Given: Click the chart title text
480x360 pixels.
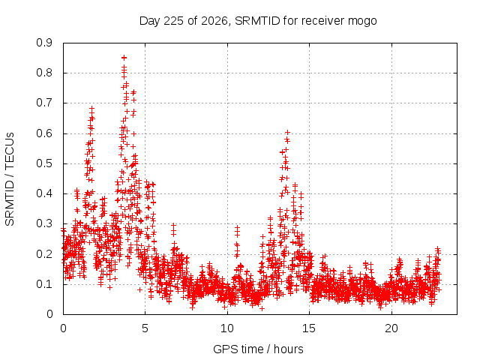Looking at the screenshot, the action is pyautogui.click(x=258, y=21).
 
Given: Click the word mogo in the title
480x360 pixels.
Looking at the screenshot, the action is pyautogui.click(x=362, y=22).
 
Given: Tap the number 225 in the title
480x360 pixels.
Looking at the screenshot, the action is pyautogui.click(x=173, y=21).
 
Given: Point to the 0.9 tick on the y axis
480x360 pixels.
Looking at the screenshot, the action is pyautogui.click(x=44, y=43).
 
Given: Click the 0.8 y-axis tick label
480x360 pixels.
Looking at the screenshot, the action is pyautogui.click(x=44, y=73).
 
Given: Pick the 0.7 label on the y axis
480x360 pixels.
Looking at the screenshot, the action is pyautogui.click(x=44, y=103).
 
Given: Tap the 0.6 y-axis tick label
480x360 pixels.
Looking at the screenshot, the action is pyautogui.click(x=44, y=133).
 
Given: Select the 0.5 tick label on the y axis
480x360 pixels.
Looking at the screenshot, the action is pyautogui.click(x=44, y=163).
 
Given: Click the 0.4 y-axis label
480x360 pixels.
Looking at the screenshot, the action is pyautogui.click(x=44, y=193).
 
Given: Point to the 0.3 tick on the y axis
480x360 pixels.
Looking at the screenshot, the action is pyautogui.click(x=44, y=223).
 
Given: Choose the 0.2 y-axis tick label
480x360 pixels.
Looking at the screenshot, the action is pyautogui.click(x=44, y=254).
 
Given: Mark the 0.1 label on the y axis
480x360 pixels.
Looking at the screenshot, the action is pyautogui.click(x=44, y=284).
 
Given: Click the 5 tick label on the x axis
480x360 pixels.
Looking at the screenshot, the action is pyautogui.click(x=145, y=328).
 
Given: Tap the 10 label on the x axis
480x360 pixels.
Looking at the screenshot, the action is pyautogui.click(x=226, y=328).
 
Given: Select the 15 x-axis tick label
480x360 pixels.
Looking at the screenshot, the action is pyautogui.click(x=309, y=328).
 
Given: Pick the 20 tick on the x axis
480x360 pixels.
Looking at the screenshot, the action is pyautogui.click(x=391, y=328).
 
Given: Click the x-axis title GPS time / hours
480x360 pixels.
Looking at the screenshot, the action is pyautogui.click(x=258, y=349).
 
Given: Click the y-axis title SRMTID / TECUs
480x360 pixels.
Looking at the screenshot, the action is pyautogui.click(x=10, y=179).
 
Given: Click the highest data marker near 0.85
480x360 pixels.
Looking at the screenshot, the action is pyautogui.click(x=124, y=58).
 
